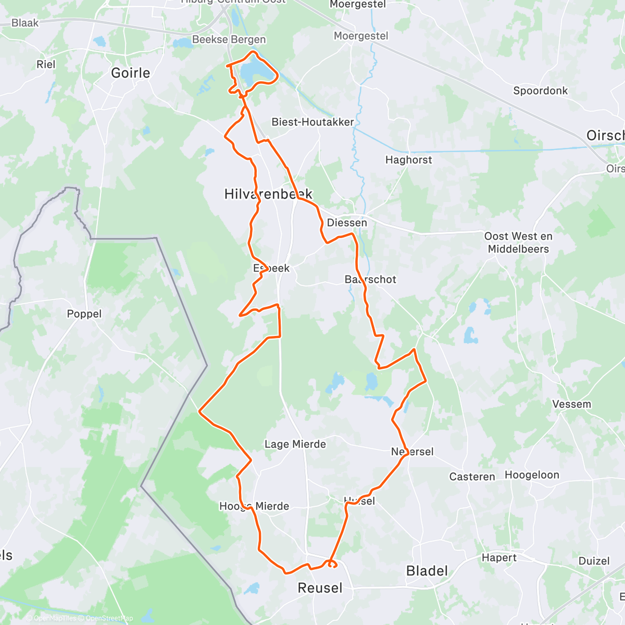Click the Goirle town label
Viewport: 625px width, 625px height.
pos(131,73)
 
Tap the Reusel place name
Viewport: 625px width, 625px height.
pos(320,588)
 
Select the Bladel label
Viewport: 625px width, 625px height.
pos(427,571)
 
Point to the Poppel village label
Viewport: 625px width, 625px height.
pos(84,314)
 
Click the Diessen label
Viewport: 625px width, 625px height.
pos(347,223)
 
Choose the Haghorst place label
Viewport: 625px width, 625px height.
pos(408,160)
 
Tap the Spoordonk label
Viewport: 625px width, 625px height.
pos(540,91)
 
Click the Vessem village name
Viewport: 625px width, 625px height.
pos(571,404)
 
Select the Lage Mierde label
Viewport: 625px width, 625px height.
pos(295,444)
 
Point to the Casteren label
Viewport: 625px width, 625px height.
pos(472,477)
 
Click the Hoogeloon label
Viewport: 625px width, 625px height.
pos(532,475)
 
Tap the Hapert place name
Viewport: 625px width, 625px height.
pos(499,558)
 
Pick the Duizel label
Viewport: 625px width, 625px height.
pos(594,561)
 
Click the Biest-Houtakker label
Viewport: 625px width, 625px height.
pos(312,122)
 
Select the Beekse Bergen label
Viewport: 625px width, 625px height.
pos(229,40)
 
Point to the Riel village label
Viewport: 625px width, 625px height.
pos(46,65)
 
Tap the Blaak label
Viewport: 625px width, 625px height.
pos(25,23)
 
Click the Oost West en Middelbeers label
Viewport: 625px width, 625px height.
pos(518,243)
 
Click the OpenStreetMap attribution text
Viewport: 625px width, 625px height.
pos(109,618)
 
